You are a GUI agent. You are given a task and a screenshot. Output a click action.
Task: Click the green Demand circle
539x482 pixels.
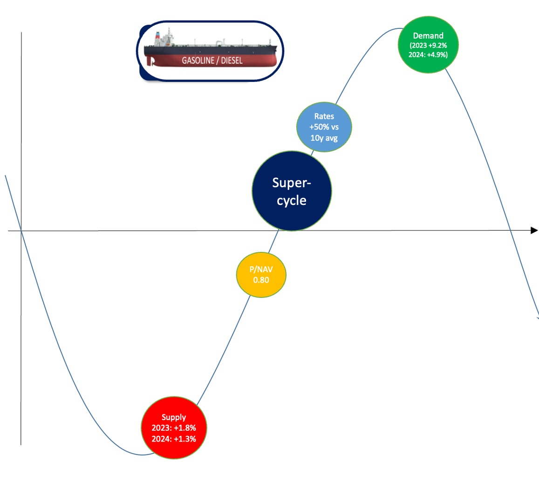pyautogui.click(x=428, y=45)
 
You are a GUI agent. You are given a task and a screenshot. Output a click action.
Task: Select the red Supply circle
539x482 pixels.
pyautogui.click(x=173, y=428)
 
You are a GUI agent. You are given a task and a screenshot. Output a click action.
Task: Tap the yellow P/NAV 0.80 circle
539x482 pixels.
pyautogui.click(x=261, y=275)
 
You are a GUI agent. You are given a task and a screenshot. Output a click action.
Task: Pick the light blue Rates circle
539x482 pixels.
pyautogui.click(x=324, y=127)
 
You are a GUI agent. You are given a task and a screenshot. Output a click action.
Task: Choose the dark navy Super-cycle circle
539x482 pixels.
pyautogui.click(x=292, y=191)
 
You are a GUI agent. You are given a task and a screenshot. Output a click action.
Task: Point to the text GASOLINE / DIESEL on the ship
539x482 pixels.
pyautogui.click(x=212, y=61)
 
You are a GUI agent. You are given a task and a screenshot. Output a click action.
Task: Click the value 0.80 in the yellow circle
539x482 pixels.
pyautogui.click(x=261, y=280)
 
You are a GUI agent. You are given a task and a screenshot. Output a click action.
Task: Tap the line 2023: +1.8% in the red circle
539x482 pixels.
pyautogui.click(x=173, y=428)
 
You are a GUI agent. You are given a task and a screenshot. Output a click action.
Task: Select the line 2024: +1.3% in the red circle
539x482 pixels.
pyautogui.click(x=173, y=438)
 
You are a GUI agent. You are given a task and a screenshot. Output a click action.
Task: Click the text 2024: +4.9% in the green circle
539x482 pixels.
pyautogui.click(x=428, y=54)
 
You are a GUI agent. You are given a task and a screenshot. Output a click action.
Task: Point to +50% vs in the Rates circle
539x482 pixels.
pyautogui.click(x=324, y=127)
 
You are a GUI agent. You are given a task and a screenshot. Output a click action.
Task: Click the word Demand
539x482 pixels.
pyautogui.click(x=428, y=36)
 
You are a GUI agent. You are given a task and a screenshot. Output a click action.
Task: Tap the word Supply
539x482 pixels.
pyautogui.click(x=173, y=418)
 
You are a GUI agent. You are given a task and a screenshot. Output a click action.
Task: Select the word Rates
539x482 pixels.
pyautogui.click(x=324, y=116)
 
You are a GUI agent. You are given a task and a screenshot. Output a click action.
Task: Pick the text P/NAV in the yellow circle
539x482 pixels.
pyautogui.click(x=261, y=270)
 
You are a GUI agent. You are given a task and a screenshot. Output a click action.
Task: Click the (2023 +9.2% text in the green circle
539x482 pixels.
pyautogui.click(x=428, y=45)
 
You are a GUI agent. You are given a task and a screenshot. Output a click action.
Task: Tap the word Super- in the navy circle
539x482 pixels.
pyautogui.click(x=292, y=183)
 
